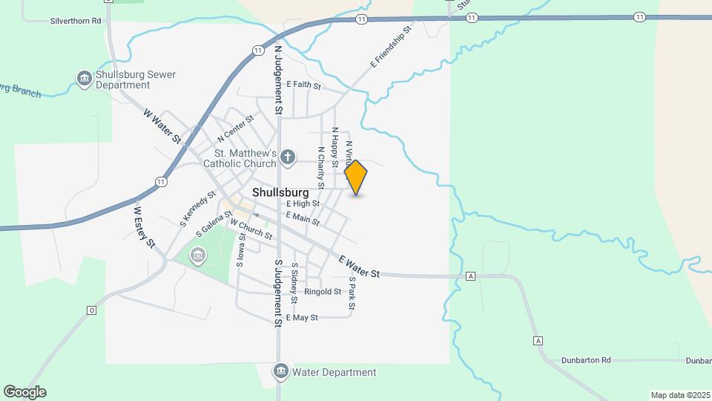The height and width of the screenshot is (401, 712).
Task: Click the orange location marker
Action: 356,177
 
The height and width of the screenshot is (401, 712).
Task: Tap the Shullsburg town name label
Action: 280,192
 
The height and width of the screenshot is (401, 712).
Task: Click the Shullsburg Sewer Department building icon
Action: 85,78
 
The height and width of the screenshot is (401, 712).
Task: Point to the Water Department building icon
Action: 280,371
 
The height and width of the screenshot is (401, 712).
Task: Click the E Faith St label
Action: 303,85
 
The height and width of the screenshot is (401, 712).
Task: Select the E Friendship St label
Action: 390,48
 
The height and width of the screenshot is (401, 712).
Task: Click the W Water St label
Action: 162,127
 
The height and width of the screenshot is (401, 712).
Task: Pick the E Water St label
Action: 359,267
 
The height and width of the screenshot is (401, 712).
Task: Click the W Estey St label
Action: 144,226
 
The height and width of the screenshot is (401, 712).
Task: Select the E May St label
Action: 301,317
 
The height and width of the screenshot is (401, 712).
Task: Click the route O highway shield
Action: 92,310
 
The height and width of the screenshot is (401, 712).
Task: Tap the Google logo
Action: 24,392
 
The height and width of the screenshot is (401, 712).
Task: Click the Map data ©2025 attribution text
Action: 679,395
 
